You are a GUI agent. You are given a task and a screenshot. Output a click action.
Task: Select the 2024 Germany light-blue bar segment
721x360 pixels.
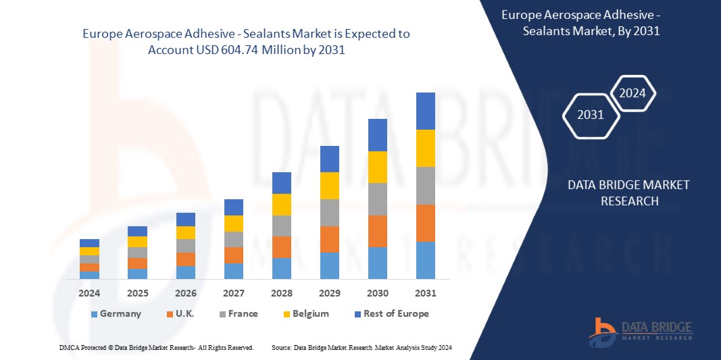pos(89,275)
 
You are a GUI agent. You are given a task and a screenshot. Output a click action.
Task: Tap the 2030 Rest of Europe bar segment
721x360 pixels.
pos(377,134)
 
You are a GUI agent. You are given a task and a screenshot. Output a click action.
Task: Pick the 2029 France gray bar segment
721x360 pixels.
pos(329,212)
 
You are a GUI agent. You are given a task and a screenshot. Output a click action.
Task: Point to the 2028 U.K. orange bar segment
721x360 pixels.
pos(281,247)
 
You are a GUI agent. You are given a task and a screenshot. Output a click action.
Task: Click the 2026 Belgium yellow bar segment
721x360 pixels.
pos(185,232)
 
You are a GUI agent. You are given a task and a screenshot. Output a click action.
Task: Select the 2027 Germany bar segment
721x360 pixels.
pos(233,271)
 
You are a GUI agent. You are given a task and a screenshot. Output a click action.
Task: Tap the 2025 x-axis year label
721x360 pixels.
pos(137,293)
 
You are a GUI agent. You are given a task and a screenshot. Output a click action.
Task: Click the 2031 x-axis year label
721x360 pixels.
pos(425,293)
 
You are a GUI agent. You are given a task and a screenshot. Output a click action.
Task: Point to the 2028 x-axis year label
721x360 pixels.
pos(281,293)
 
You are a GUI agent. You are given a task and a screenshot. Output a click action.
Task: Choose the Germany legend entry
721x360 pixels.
pos(116,313)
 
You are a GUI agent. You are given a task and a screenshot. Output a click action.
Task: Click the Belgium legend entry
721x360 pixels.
pos(306,313)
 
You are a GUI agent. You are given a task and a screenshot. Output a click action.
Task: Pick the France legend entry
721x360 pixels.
pos(237,313)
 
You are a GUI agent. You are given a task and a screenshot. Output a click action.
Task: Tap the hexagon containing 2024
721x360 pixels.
pos(632,93)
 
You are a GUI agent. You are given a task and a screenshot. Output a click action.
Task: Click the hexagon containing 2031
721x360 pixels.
pos(591,115)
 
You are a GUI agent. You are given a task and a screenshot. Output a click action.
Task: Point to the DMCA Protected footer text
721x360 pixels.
pos(155,347)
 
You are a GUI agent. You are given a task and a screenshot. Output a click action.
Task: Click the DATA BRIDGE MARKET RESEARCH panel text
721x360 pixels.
pos(628,192)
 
